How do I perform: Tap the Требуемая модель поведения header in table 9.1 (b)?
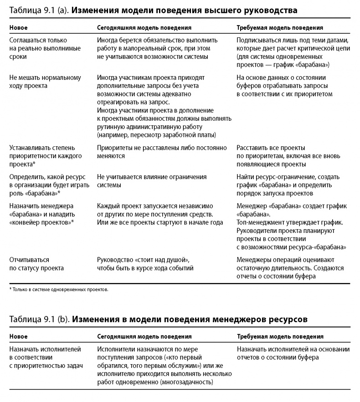click(280, 337)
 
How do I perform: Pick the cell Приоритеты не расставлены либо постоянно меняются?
click(162, 152)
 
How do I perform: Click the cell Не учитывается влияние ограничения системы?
click(152, 181)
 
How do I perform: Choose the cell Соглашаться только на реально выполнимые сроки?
click(38, 48)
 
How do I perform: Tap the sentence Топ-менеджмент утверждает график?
click(290, 222)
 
